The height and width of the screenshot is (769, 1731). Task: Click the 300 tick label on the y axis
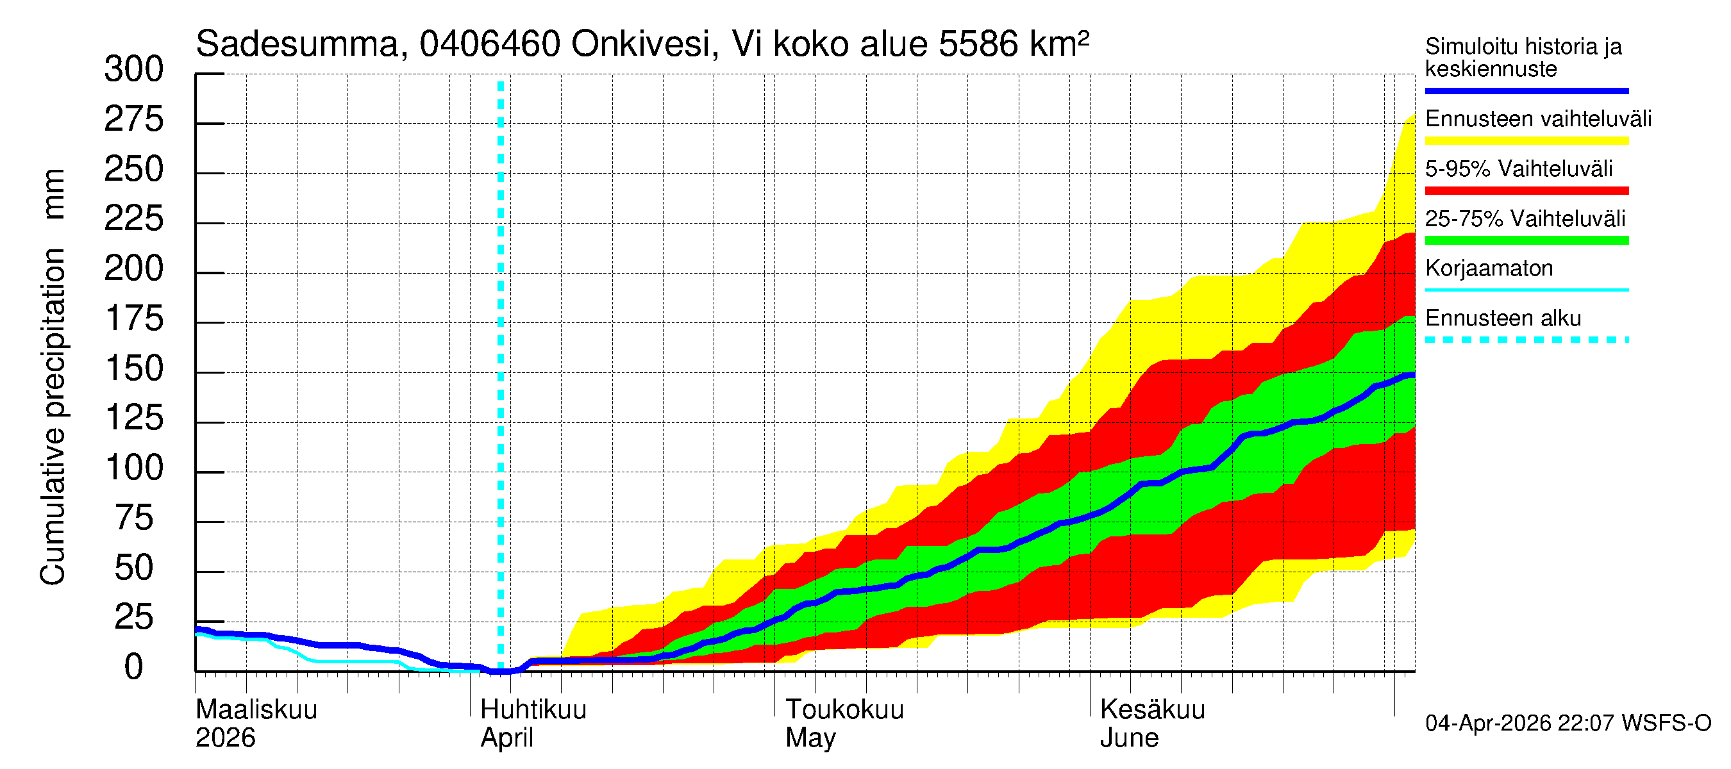pos(134,70)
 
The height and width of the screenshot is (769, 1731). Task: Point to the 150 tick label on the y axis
pos(134,369)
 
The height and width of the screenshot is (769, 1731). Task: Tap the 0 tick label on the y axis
pos(134,668)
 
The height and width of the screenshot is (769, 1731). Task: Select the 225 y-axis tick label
pos(134,220)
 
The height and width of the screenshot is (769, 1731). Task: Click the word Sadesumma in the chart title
pos(297,44)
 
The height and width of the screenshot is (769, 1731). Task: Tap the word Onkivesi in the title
pos(640,44)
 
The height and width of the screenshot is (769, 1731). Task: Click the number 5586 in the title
pos(978,44)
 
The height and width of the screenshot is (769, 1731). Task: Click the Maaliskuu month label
pos(256,710)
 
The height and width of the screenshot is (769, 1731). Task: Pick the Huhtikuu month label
pos(533,710)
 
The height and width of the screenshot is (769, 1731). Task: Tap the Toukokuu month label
pos(845,710)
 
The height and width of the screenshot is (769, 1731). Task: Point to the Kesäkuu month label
pos(1153,710)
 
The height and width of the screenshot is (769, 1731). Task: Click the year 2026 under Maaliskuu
pos(225,738)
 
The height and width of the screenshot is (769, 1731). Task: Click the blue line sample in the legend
pos(1526,90)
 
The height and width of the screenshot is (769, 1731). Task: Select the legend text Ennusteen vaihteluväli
pos(1538,119)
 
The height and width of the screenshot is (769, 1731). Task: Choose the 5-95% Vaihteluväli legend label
pos(1519,169)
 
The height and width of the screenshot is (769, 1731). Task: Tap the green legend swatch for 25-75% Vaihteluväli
pos(1526,240)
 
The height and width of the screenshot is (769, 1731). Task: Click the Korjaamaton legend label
pos(1489,269)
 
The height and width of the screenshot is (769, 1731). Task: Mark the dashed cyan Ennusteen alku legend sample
pos(1526,340)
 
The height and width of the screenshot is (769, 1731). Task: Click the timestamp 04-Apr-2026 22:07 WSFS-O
pos(1568,724)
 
